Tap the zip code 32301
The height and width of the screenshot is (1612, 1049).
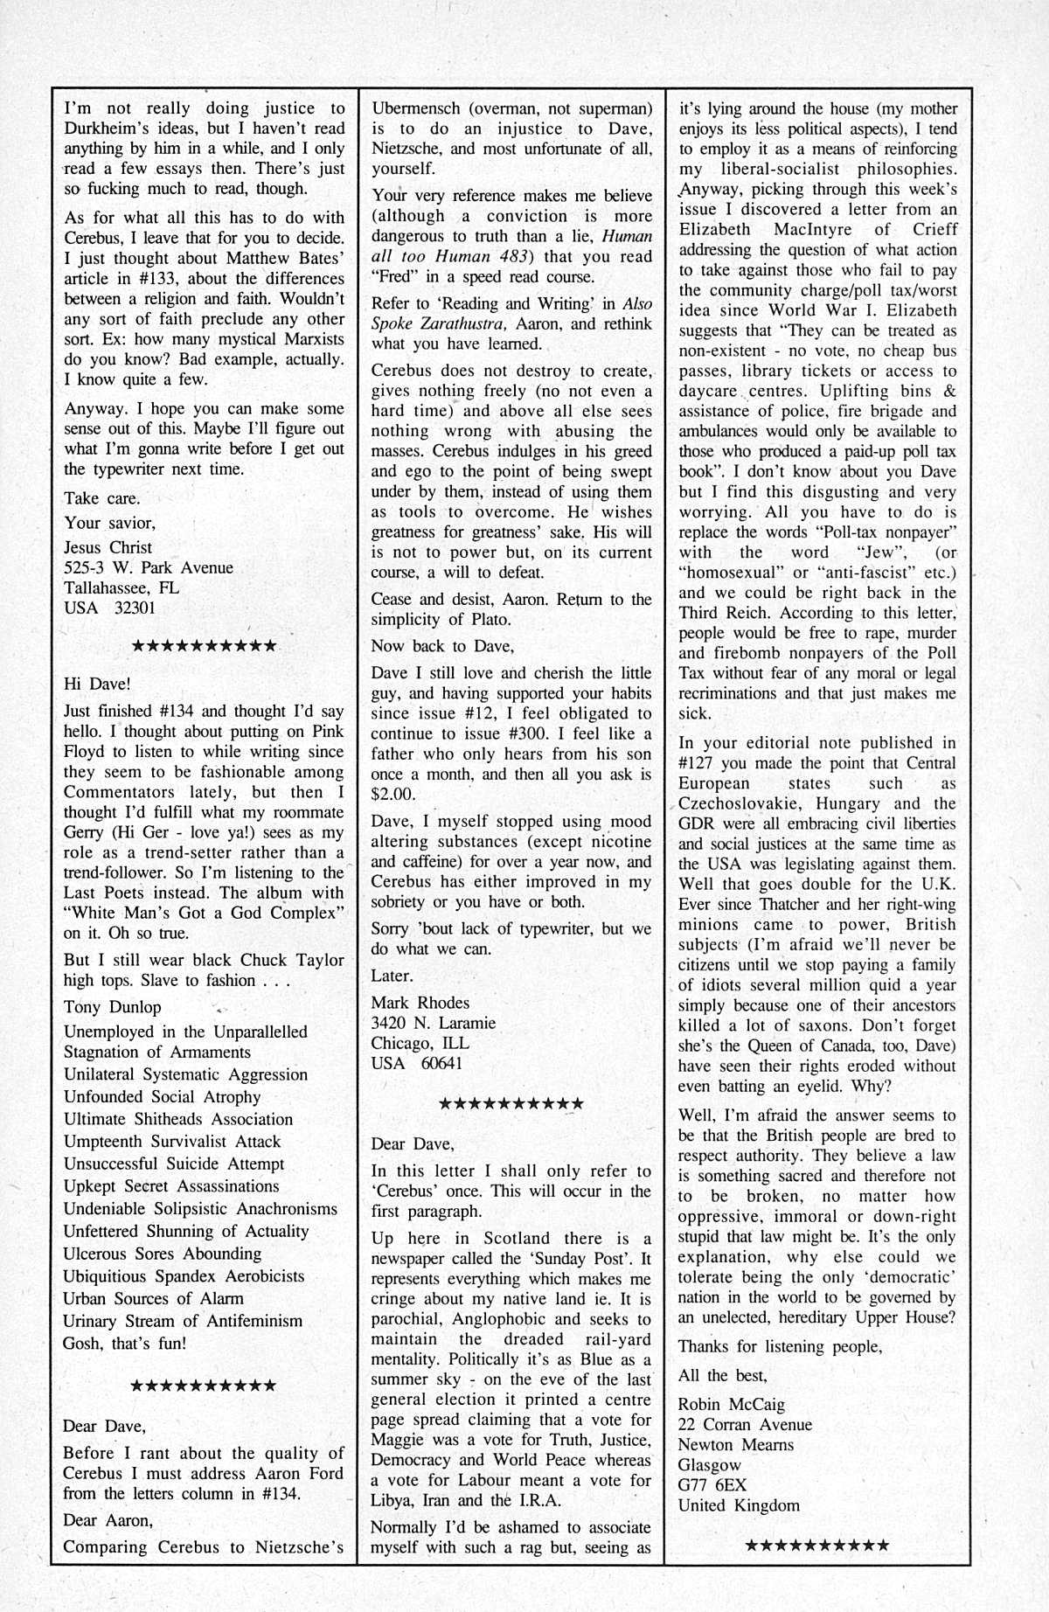(135, 608)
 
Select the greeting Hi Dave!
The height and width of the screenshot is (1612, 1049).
(96, 684)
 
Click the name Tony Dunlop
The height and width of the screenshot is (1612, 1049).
(112, 1007)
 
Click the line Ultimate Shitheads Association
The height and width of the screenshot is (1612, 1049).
(178, 1119)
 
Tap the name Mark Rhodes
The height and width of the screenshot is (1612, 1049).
(420, 1003)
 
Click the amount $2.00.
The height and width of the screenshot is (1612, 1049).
(393, 795)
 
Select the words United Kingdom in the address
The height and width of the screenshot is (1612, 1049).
(739, 1504)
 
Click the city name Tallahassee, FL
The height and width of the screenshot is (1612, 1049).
(121, 587)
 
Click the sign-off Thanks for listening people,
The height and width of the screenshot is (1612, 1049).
(780, 1346)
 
